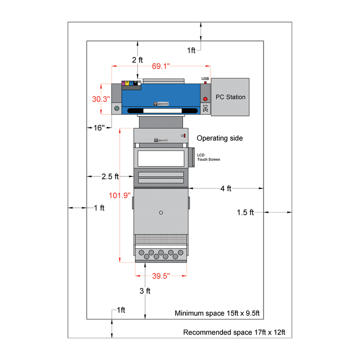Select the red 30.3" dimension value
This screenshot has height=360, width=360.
click(100, 99)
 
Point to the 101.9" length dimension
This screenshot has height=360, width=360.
click(120, 195)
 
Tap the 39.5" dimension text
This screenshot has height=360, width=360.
click(161, 275)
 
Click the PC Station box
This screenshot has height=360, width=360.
click(230, 97)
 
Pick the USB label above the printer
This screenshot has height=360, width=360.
click(205, 79)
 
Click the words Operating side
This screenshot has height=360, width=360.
click(220, 138)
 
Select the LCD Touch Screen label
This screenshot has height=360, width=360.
click(208, 157)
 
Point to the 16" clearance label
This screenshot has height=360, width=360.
click(99, 127)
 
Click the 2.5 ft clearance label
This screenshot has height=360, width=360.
click(110, 176)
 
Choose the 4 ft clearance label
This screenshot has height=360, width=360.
click(226, 188)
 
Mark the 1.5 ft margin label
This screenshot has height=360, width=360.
click(245, 212)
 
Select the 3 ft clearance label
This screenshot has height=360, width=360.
click(144, 291)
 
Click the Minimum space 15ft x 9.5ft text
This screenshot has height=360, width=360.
click(217, 313)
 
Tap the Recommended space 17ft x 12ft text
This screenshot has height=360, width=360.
click(237, 332)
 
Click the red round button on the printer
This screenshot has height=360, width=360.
click(205, 99)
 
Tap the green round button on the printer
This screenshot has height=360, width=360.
click(116, 108)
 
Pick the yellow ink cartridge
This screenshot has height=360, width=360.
click(128, 83)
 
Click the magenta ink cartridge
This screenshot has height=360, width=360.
click(123, 83)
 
